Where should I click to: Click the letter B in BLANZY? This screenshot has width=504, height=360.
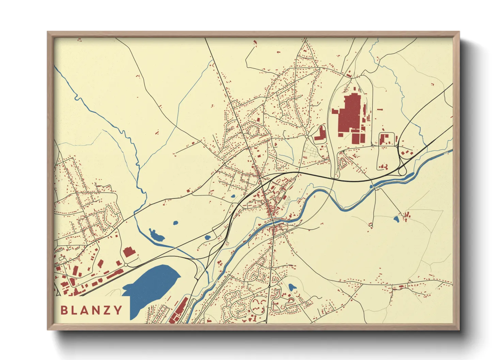[64, 310]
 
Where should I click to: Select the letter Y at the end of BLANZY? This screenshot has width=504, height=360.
[118, 310]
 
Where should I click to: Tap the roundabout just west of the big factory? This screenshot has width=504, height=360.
[306, 136]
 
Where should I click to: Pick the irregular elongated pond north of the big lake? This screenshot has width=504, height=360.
[156, 235]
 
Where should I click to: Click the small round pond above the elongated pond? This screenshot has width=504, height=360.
[175, 223]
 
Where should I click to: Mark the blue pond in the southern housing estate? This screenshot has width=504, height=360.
[292, 287]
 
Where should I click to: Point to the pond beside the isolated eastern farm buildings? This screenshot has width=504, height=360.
[396, 219]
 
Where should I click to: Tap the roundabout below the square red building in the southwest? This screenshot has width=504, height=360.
[126, 265]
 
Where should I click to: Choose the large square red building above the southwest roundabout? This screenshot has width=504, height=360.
[129, 252]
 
